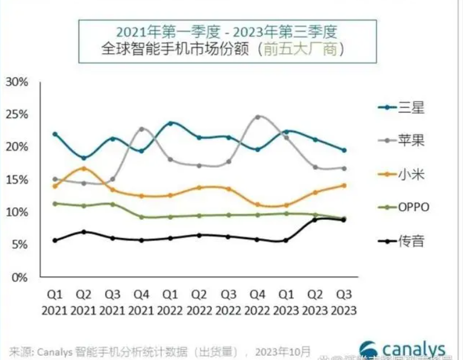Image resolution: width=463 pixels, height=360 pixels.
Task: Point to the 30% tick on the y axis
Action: pyautogui.click(x=17, y=82)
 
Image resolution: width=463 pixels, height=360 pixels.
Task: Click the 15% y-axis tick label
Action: pyautogui.click(x=17, y=179)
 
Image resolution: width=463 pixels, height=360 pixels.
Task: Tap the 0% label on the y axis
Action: pyautogui.click(x=20, y=277)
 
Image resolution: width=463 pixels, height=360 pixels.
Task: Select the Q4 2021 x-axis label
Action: pyautogui.click(x=142, y=302)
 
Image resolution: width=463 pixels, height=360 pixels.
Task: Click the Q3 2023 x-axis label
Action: pyautogui.click(x=344, y=302)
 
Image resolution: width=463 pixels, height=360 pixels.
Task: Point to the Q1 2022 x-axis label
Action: pyautogui.click(x=171, y=302)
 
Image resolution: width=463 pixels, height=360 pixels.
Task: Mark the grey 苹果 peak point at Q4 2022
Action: pyautogui.click(x=258, y=117)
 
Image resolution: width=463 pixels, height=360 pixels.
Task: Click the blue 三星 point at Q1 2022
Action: pyautogui.click(x=171, y=123)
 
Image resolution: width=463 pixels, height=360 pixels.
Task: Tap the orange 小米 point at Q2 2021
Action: pyautogui.click(x=85, y=168)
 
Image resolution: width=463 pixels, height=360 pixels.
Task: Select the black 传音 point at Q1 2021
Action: pyautogui.click(x=56, y=240)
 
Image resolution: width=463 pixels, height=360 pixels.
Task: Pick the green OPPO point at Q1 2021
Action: pyautogui.click(x=56, y=204)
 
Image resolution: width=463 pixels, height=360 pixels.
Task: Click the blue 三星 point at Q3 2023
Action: pyautogui.click(x=344, y=150)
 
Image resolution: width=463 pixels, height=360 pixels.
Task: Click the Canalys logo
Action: pyautogui.click(x=403, y=349)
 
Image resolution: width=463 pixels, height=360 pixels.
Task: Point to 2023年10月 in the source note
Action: pyautogui.click(x=283, y=351)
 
